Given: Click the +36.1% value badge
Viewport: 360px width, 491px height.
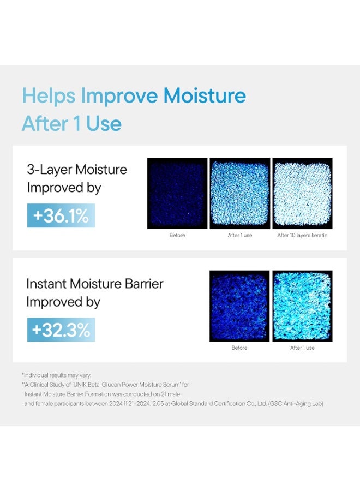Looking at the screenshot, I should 61,216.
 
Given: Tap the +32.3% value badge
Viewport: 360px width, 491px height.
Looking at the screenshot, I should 61,330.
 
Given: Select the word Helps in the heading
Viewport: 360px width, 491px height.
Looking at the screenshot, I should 49,96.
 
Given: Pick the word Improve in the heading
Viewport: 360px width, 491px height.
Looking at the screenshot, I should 112,96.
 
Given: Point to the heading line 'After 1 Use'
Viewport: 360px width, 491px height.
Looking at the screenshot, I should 71,124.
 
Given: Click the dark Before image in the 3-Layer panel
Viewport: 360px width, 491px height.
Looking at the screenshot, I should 177,193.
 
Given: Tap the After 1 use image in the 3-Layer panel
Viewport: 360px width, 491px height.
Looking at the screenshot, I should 240,193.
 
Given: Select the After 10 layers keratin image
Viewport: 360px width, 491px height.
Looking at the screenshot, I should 302,193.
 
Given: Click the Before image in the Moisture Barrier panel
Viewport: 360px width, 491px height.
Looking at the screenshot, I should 239,306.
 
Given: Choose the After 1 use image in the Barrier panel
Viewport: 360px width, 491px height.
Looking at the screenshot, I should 302,306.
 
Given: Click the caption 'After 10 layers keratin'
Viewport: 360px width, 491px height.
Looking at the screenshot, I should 302,236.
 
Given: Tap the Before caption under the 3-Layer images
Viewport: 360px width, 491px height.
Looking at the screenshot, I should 177,236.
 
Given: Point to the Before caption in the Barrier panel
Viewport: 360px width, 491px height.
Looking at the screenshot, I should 239,348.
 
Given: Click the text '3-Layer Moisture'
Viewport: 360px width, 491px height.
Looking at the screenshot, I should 77,169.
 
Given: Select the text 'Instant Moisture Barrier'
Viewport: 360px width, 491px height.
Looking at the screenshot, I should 95,283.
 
